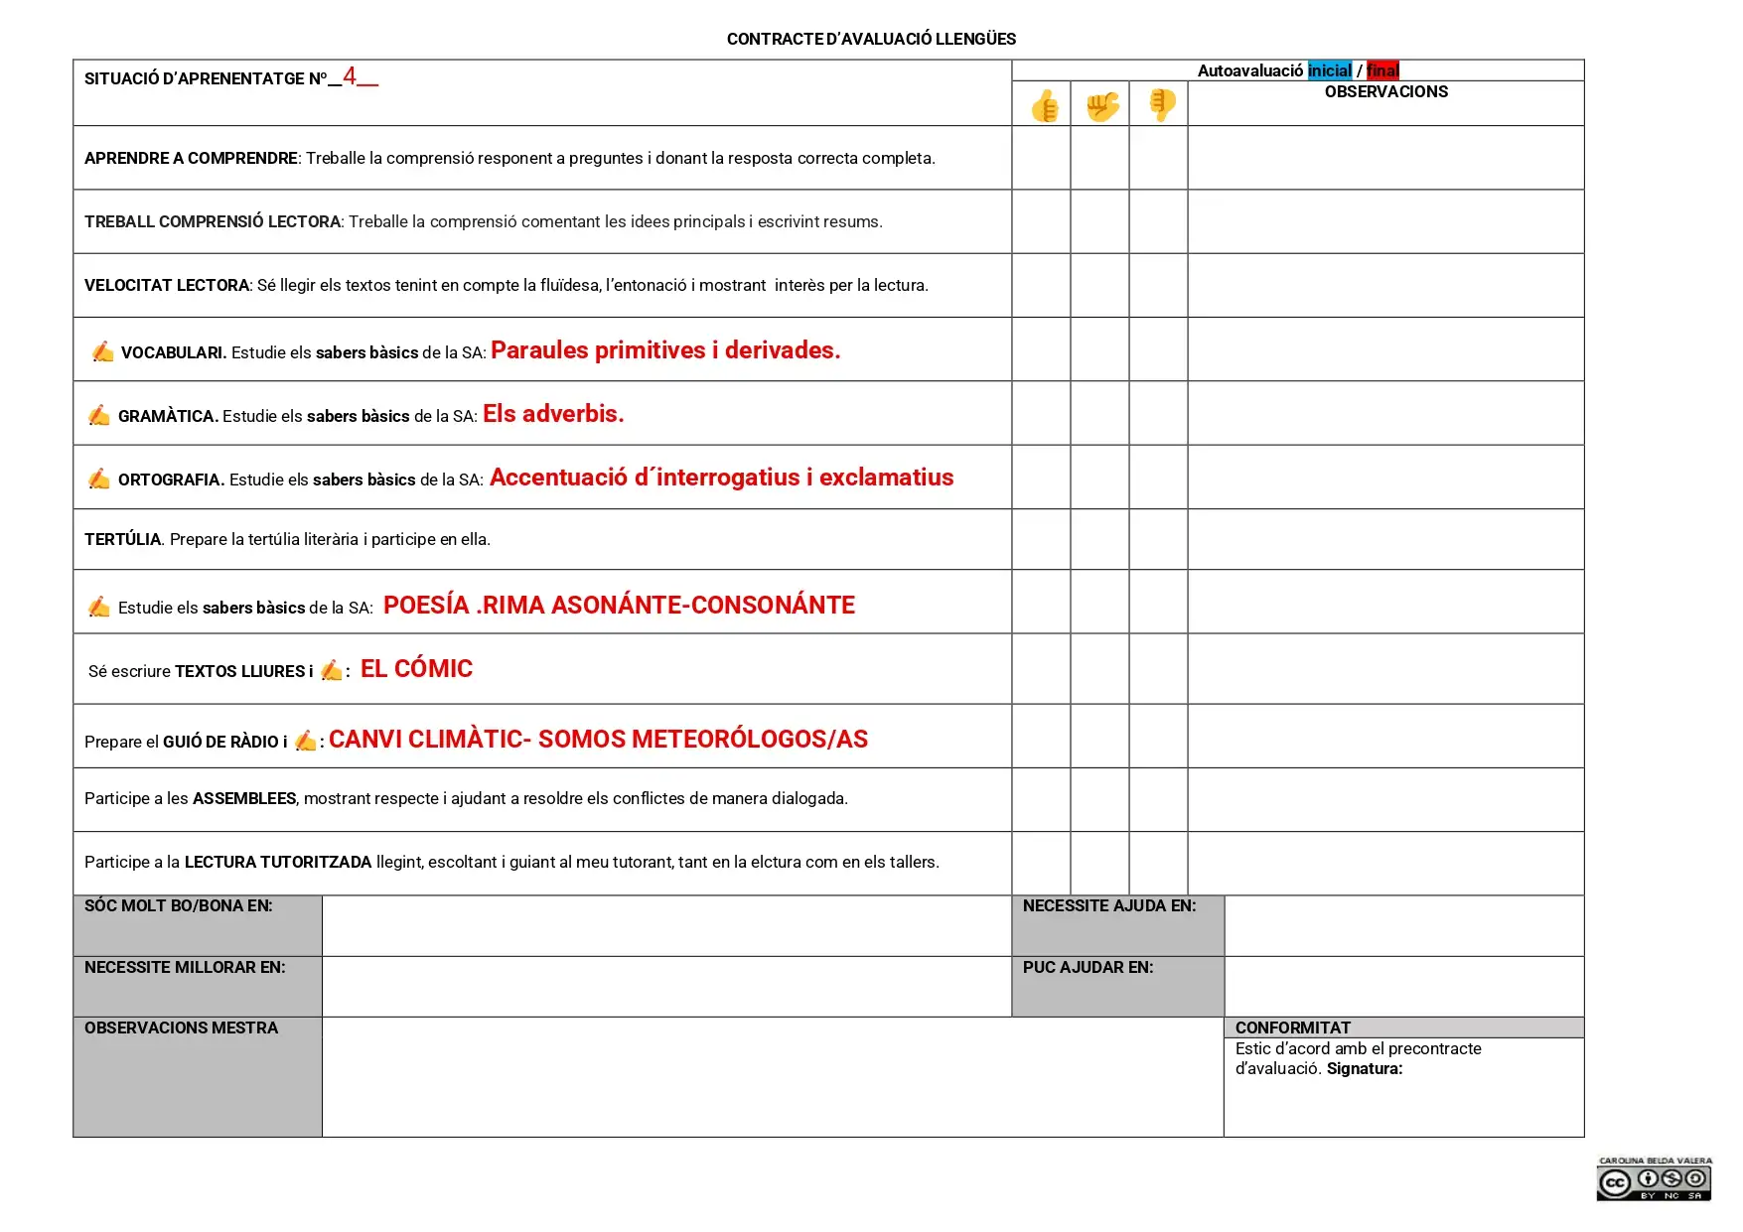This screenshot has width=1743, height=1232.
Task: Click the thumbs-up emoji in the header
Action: pyautogui.click(x=1044, y=105)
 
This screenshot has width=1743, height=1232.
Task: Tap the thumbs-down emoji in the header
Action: pyautogui.click(x=1161, y=103)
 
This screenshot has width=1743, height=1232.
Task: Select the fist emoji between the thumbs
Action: pyautogui.click(x=1101, y=105)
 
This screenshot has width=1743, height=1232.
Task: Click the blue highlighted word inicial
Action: pyautogui.click(x=1330, y=70)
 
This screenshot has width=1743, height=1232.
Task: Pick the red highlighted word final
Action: pyautogui.click(x=1382, y=70)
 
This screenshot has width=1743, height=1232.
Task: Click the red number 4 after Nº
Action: pyautogui.click(x=350, y=76)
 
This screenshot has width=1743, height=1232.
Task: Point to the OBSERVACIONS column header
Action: pyautogui.click(x=1385, y=91)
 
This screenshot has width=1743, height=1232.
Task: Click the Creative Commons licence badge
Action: pyautogui.click(x=1654, y=1179)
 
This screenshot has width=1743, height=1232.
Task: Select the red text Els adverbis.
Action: pyautogui.click(x=553, y=414)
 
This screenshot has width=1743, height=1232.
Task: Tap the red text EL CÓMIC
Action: pyautogui.click(x=416, y=669)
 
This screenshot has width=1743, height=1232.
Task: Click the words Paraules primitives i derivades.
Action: pyautogui.click(x=665, y=350)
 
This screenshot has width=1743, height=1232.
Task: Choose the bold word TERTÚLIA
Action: pyautogui.click(x=122, y=539)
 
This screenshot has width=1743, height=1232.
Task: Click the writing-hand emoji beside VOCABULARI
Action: pyautogui.click(x=102, y=351)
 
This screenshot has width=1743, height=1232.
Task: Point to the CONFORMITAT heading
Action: pyautogui.click(x=1292, y=1027)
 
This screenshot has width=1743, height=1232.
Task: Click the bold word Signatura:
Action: pyautogui.click(x=1365, y=1069)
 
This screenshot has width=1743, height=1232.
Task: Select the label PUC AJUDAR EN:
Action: pyautogui.click(x=1088, y=967)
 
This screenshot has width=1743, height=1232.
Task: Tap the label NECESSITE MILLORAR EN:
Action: pyautogui.click(x=185, y=967)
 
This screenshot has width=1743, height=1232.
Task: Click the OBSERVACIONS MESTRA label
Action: pyautogui.click(x=181, y=1027)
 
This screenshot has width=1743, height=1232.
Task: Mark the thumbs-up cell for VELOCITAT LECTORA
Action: pyautogui.click(x=1041, y=285)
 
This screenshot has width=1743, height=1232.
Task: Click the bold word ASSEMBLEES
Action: pyautogui.click(x=244, y=798)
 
